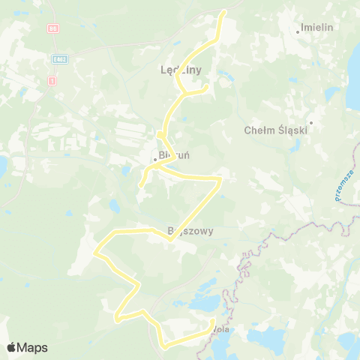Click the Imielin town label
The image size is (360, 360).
click(x=316, y=27)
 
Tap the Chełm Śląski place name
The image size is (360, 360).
click(x=277, y=130)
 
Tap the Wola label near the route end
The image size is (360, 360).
click(x=220, y=329)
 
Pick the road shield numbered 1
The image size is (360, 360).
click(x=51, y=80)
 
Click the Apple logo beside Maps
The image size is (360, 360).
click(x=11, y=347)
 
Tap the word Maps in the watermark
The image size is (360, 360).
click(x=32, y=347)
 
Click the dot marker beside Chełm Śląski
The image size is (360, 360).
click(x=310, y=122)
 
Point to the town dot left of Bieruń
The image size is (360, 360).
click(x=154, y=159)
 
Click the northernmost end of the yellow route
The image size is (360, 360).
click(x=224, y=12)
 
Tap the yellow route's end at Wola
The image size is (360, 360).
click(x=214, y=322)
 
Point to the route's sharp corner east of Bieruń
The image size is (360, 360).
click(x=220, y=179)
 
